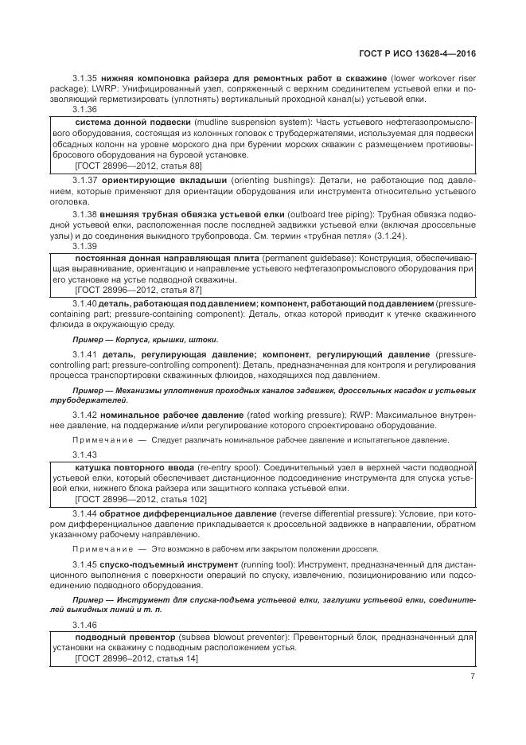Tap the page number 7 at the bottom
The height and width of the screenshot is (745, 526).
click(x=473, y=677)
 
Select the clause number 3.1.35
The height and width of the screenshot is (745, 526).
click(x=84, y=79)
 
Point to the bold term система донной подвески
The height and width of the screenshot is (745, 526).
click(x=132, y=122)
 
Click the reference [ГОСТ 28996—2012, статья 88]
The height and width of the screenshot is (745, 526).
click(x=138, y=166)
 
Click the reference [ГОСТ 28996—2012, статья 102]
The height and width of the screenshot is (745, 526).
click(x=140, y=499)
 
